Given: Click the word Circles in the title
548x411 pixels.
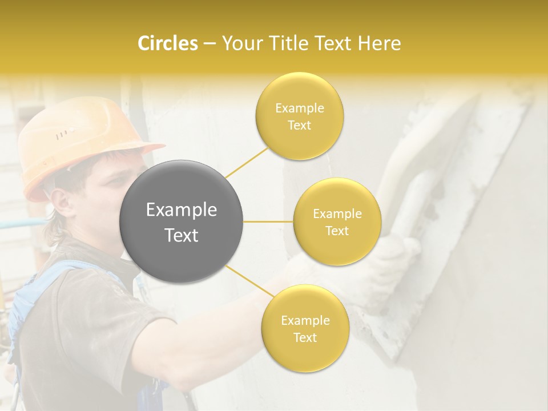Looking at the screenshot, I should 167,43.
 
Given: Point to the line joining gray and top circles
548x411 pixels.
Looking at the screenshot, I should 247,162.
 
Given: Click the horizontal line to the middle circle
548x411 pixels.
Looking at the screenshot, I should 268,221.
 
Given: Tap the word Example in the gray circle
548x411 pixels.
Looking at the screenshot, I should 182,210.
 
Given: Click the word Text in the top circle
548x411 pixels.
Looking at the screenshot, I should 299,126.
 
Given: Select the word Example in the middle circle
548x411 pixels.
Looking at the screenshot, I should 337,214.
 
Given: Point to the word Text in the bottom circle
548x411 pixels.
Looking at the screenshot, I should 305,337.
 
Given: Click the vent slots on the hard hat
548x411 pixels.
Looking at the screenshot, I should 65,134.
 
